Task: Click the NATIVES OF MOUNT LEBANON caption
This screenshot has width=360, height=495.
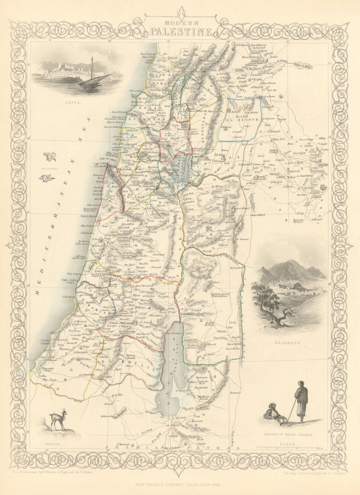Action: point(289,434)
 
